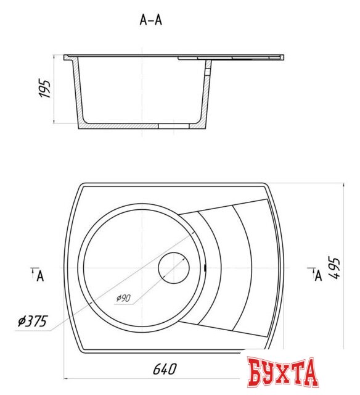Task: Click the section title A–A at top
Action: click(x=151, y=20)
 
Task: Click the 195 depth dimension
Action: click(x=44, y=89)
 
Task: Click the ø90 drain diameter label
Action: click(x=123, y=298)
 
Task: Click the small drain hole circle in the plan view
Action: click(x=173, y=268)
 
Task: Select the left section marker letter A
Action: click(x=39, y=275)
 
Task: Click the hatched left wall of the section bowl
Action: click(x=78, y=93)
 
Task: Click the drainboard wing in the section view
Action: click(x=247, y=58)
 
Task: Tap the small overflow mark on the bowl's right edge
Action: click(x=205, y=268)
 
